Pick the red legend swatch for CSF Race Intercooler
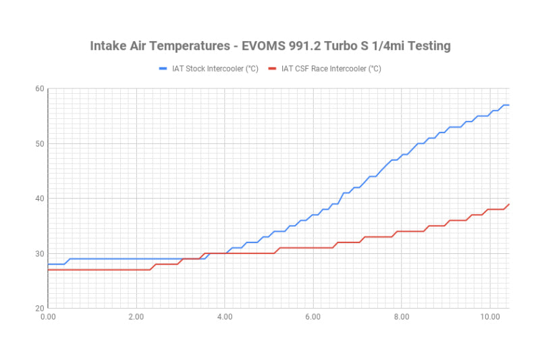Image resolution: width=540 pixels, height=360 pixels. [x=273, y=68]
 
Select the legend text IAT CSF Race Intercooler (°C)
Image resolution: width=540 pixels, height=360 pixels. [x=331, y=68]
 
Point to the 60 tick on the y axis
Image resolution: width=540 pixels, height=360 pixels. [x=39, y=88]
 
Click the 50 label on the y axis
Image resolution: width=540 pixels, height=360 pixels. [x=39, y=144]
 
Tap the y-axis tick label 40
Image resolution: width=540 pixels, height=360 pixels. [x=39, y=199]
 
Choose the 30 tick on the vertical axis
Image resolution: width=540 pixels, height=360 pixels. [x=39, y=254]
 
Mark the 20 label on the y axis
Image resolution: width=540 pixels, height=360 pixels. [x=39, y=309]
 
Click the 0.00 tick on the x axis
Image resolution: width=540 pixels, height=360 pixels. [x=48, y=316]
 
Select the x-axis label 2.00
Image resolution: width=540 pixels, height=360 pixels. [x=136, y=316]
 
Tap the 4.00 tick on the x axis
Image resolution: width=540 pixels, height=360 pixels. [x=225, y=316]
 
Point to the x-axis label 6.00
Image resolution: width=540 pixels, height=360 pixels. [x=313, y=316]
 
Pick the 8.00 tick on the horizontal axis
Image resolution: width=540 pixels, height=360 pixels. [x=402, y=316]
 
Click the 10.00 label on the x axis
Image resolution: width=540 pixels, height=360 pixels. [x=489, y=316]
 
